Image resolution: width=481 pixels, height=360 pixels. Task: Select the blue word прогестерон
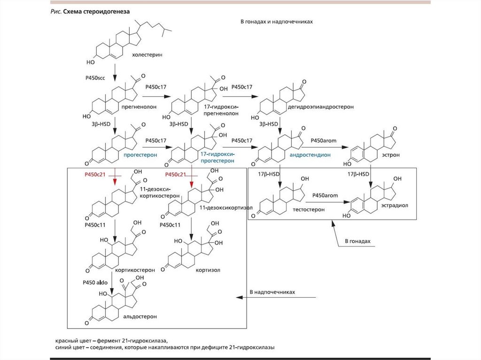pos(140,154)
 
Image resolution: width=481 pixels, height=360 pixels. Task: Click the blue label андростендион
pos(310,154)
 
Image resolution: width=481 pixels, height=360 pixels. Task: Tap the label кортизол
pos(209,270)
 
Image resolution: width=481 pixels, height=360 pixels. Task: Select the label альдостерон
pos(141,316)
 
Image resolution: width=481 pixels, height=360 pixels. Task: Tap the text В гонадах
pos(357,241)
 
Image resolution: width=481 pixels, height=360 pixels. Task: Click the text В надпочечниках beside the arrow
pos(272,292)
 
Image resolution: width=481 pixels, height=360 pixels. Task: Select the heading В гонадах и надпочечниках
pos(276,22)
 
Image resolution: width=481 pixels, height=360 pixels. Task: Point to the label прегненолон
pos(139,107)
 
